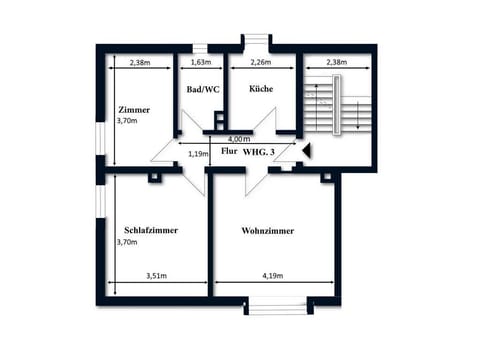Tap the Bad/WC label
203,90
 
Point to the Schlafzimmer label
151,230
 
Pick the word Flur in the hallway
229,151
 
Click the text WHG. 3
263,151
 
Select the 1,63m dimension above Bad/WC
201,62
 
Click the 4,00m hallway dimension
238,138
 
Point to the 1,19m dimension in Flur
198,154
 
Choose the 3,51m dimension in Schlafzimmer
156,275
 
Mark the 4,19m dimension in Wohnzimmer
274,275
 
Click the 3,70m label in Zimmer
127,121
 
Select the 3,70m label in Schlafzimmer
127,242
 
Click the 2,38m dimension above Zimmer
139,62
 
